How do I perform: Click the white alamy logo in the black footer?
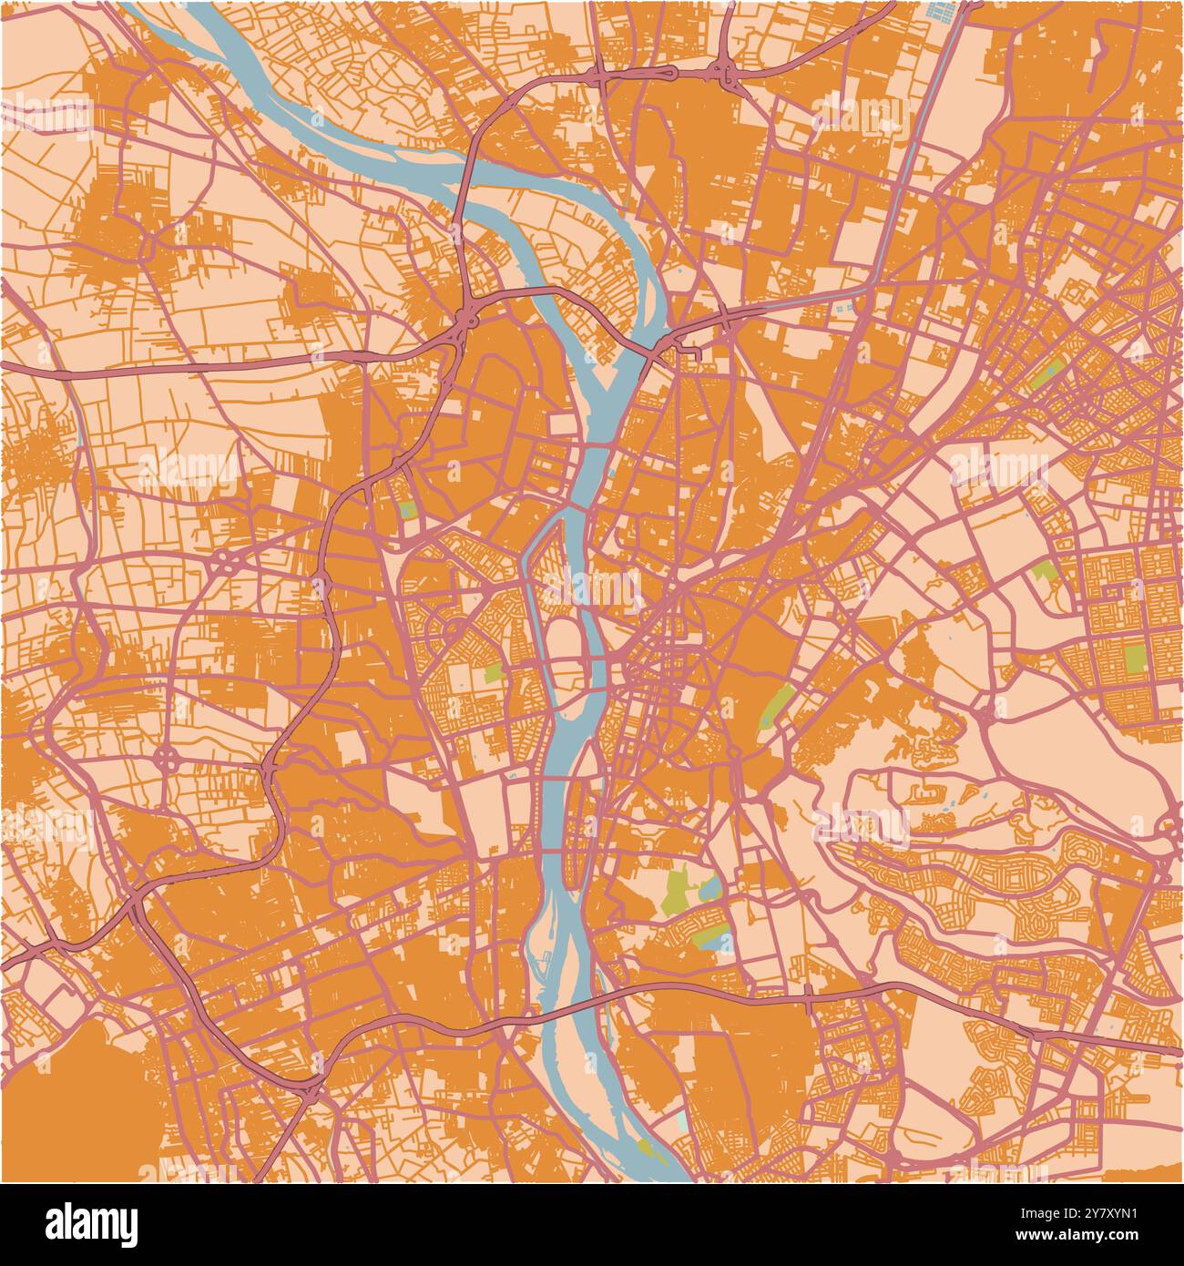91,1223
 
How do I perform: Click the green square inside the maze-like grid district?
1134,658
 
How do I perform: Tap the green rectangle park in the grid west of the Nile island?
493,674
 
